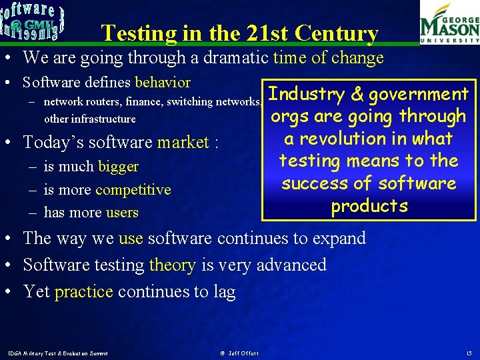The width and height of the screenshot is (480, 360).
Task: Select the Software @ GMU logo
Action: [x=33, y=20]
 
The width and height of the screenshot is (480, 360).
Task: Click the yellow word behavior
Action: [x=163, y=83]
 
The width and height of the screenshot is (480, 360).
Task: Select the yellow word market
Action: [x=183, y=143]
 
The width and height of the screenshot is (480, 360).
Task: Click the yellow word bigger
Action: [x=118, y=167]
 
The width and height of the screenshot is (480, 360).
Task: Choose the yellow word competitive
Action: [x=133, y=190]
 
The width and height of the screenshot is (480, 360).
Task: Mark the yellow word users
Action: [x=122, y=213]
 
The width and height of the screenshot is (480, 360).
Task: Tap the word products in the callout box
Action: [x=369, y=206]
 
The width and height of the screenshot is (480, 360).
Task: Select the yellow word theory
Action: [x=172, y=265]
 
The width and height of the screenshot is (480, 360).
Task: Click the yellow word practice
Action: [x=85, y=291]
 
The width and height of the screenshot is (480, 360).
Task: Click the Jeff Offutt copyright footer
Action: [x=239, y=353]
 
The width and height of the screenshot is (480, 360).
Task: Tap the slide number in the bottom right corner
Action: [x=469, y=353]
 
